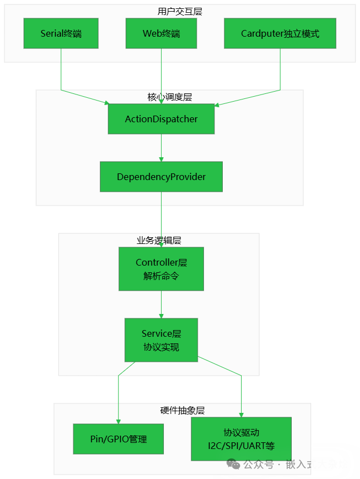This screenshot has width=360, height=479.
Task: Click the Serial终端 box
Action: pyautogui.click(x=61, y=33)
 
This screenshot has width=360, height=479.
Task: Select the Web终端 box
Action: pyautogui.click(x=161, y=33)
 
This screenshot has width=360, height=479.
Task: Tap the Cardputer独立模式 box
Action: pyautogui.click(x=280, y=33)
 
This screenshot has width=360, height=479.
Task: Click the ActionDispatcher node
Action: pyautogui.click(x=161, y=119)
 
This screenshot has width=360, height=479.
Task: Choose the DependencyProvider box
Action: pyautogui.click(x=161, y=177)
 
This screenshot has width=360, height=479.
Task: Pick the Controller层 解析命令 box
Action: pyautogui.click(x=161, y=269)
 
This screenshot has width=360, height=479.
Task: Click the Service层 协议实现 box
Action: pyautogui.click(x=161, y=340)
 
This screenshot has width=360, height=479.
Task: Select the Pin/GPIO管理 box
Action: pyautogui.click(x=118, y=439)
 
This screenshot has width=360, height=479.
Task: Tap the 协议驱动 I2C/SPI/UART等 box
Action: pyautogui.click(x=241, y=439)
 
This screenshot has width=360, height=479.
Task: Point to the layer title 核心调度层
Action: pyautogui.click(x=169, y=97)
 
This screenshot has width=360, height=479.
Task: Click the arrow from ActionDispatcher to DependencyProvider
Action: pyautogui.click(x=161, y=148)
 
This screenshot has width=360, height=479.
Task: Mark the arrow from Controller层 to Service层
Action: pyautogui.click(x=161, y=305)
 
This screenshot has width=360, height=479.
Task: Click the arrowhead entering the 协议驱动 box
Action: pyautogui.click(x=241, y=415)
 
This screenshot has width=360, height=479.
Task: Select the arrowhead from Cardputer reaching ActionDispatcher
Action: pyautogui.click(x=218, y=104)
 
